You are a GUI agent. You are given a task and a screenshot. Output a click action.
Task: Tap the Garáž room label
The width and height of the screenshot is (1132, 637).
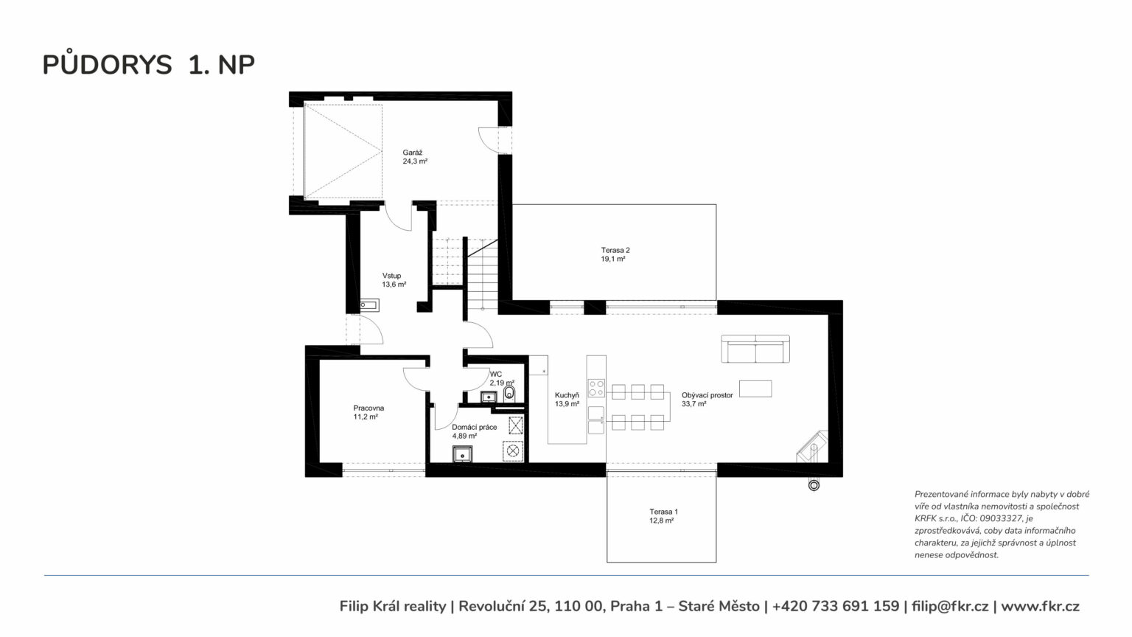coord(413,152)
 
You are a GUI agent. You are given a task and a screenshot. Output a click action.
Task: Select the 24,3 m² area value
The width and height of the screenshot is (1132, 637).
coord(415,161)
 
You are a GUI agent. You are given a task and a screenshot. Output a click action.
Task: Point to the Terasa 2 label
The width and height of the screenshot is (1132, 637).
coord(615,250)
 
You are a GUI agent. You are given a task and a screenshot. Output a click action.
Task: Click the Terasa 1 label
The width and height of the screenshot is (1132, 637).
coord(663,512)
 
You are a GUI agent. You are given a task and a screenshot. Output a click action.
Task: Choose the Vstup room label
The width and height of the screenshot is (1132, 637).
coord(391,276)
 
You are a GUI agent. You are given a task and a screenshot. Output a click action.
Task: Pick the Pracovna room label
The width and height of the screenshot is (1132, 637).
coord(368,408)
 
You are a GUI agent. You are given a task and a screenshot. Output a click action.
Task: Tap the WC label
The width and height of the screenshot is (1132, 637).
coord(496,374)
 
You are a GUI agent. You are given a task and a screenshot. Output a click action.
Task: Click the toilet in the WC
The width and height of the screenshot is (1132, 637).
coord(509,393)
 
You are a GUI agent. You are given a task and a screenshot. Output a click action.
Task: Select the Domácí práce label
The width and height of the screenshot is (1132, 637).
coord(474,427)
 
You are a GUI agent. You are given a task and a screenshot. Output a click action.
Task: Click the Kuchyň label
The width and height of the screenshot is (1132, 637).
coord(567,395)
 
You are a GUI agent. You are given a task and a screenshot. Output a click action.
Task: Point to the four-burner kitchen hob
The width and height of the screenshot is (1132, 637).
coord(596,388)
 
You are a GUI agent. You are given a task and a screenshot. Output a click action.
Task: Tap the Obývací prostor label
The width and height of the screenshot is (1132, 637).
coord(707,395)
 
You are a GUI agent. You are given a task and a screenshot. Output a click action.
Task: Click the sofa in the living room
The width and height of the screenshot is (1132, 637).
coord(755,349)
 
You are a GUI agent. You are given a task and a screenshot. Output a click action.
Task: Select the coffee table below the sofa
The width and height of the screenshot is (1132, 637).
coord(755,389)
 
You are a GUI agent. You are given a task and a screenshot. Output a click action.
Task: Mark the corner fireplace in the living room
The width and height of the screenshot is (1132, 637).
coord(812,447)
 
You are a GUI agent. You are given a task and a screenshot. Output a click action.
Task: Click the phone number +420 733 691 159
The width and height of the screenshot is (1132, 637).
coord(835,606)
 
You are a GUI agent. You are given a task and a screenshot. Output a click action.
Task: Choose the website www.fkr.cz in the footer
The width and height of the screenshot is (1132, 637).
coord(1040,606)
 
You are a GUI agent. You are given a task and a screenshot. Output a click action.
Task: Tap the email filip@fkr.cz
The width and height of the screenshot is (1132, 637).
coord(950,606)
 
